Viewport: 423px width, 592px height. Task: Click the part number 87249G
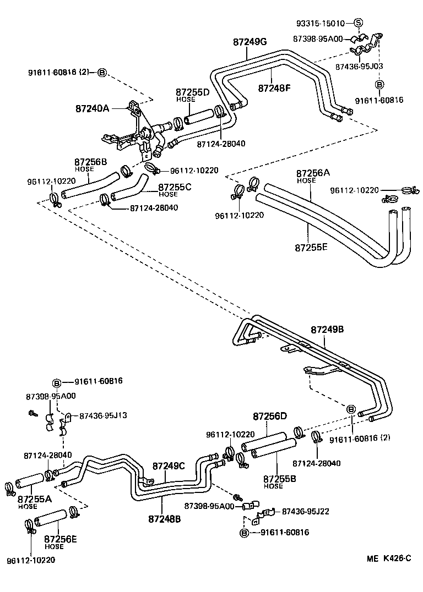pyautogui.click(x=250, y=41)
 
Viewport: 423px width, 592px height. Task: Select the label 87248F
pyautogui.click(x=274, y=87)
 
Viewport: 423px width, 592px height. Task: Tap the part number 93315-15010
pyautogui.click(x=321, y=23)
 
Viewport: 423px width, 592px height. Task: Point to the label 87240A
pyautogui.click(x=93, y=109)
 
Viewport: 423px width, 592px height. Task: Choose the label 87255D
pyautogui.click(x=193, y=92)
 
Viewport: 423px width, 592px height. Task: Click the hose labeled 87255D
pyautogui.click(x=201, y=117)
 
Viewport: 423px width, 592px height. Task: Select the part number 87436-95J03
pyautogui.click(x=359, y=65)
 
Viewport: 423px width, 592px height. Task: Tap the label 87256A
pyautogui.click(x=313, y=173)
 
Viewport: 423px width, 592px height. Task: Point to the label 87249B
pyautogui.click(x=327, y=330)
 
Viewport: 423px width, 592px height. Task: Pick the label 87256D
pyautogui.click(x=270, y=416)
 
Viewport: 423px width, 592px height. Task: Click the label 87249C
pyautogui.click(x=168, y=466)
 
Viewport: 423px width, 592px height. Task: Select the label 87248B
pyautogui.click(x=164, y=518)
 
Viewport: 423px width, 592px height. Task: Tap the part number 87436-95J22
pyautogui.click(x=305, y=511)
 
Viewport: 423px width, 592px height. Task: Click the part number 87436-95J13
pyautogui.click(x=103, y=415)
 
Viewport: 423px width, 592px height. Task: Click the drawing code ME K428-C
pyautogui.click(x=389, y=559)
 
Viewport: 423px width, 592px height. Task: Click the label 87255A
pyautogui.click(x=34, y=499)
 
